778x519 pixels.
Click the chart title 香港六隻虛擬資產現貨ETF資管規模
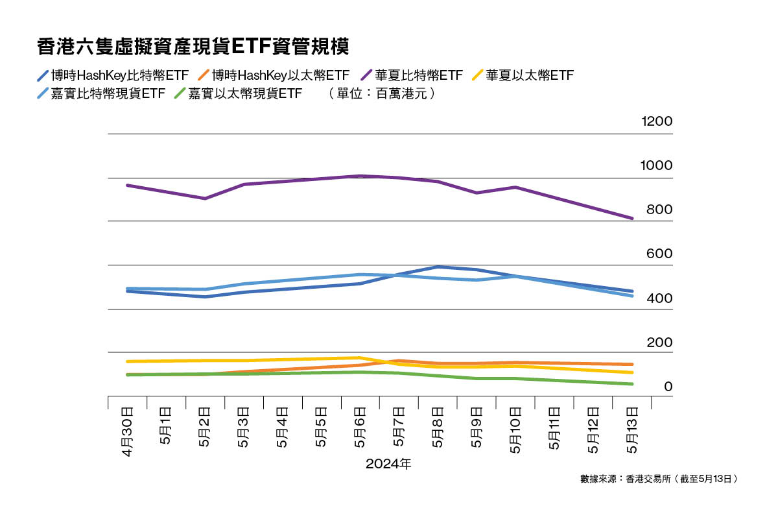coord(194,47)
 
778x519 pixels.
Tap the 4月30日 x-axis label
coord(127,431)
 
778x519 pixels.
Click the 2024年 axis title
coord(388,465)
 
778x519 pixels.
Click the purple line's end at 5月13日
coord(632,218)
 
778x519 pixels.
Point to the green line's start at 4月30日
coord(127,375)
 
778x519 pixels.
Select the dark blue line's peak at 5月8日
coord(438,267)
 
